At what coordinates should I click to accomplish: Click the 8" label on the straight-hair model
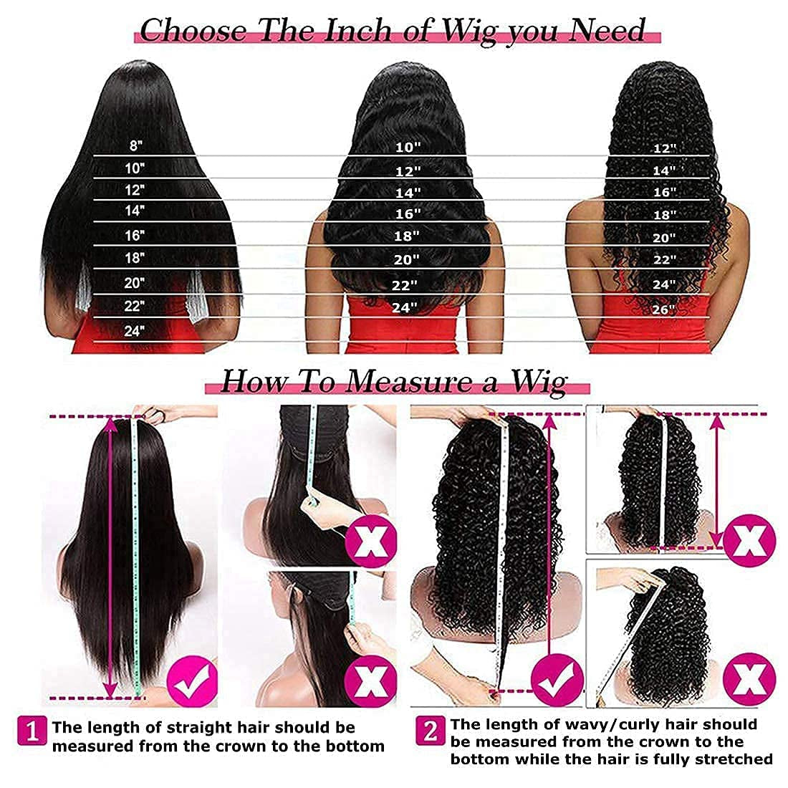(x=136, y=145)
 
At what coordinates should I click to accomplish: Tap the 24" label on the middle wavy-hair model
(x=405, y=307)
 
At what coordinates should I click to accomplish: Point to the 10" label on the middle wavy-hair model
(x=408, y=147)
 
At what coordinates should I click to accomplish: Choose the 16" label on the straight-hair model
(x=134, y=234)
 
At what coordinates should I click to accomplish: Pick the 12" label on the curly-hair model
(x=664, y=148)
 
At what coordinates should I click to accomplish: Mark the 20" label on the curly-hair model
(x=664, y=239)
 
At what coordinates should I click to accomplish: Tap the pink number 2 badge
(x=431, y=731)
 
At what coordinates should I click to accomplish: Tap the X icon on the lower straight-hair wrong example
(x=371, y=681)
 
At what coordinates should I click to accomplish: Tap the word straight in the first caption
(x=201, y=728)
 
